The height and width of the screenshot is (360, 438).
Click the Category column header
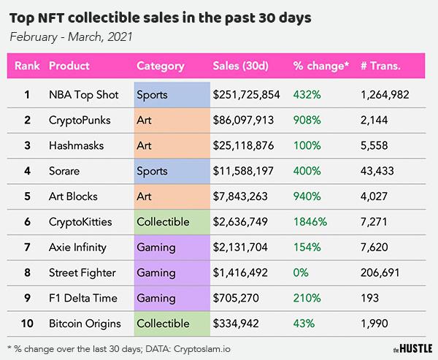point(160,66)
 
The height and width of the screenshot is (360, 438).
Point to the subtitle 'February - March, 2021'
point(72,36)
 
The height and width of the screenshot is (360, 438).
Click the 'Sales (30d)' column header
point(241,66)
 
